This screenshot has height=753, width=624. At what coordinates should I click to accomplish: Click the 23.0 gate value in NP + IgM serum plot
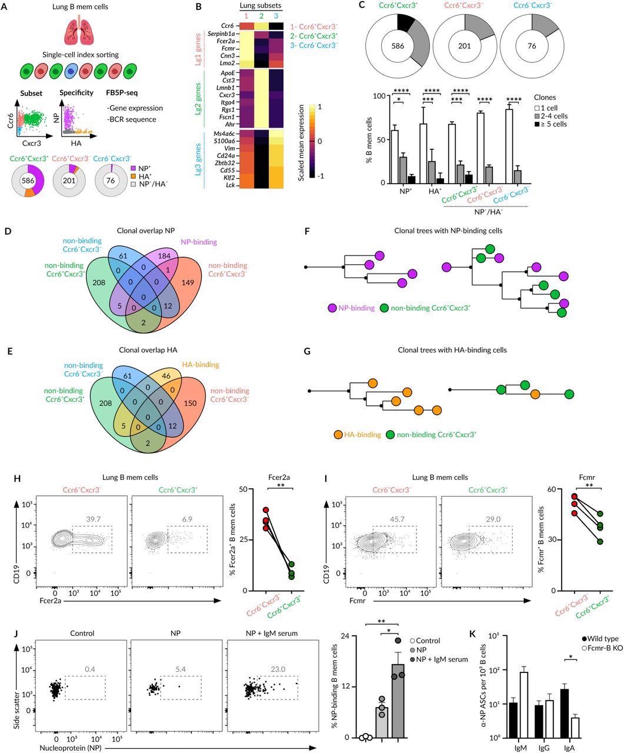(276, 648)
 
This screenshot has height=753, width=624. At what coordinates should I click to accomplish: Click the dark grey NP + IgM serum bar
(398, 703)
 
